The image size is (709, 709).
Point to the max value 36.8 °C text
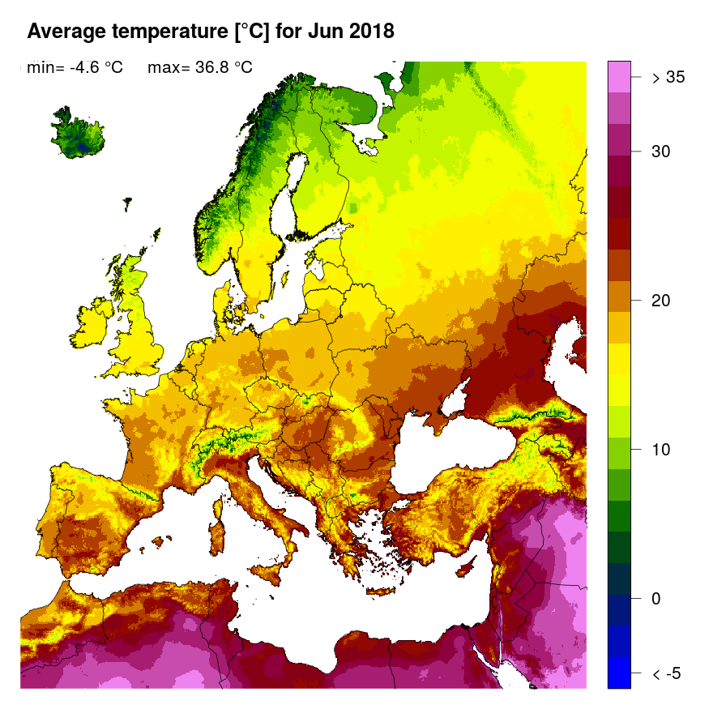click(x=218, y=68)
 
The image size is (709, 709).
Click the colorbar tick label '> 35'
click(x=668, y=78)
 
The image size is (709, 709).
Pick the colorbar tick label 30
click(x=662, y=152)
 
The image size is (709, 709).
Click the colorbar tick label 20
click(x=662, y=301)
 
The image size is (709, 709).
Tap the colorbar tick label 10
click(x=662, y=450)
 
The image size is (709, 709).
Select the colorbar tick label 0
click(x=657, y=599)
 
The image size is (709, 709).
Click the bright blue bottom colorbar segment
click(x=619, y=673)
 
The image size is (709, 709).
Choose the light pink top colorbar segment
click(x=619, y=77)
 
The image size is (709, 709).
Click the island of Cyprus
click(x=469, y=566)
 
